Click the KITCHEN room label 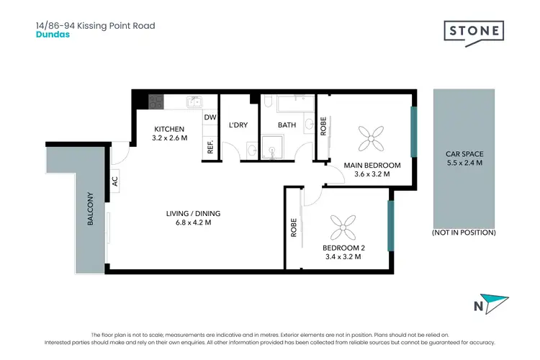tap(169, 129)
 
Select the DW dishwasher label tap(210, 117)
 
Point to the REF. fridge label tap(210, 147)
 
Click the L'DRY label tap(238, 125)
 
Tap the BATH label tap(287, 125)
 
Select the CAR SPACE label tap(464, 154)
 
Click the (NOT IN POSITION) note tap(464, 233)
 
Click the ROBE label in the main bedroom tap(323, 126)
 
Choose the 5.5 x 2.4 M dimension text tap(464, 163)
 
